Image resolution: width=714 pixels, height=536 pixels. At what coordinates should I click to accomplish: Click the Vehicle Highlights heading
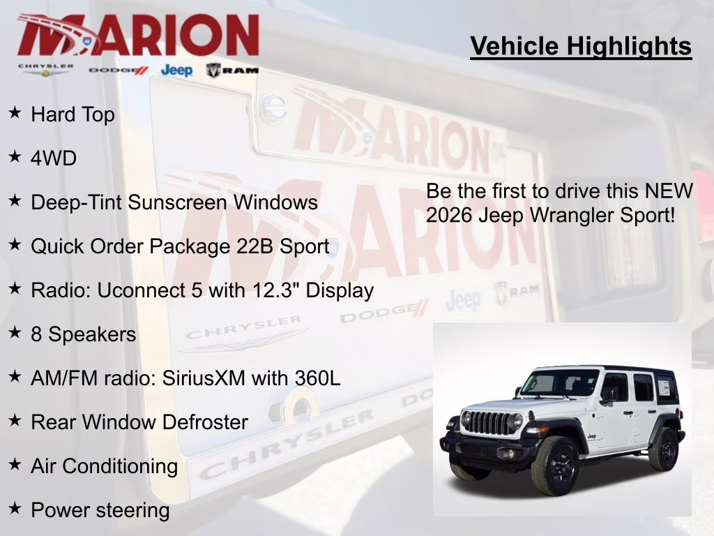pos(581,46)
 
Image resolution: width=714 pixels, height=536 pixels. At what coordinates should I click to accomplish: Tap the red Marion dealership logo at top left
pos(138,35)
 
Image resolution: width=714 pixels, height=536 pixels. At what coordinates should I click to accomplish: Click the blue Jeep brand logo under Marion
pos(176,70)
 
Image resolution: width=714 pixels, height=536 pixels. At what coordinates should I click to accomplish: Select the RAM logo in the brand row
pos(232,70)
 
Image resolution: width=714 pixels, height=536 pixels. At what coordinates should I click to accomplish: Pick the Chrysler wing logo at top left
pos(46,70)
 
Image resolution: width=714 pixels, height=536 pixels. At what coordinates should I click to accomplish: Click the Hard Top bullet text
pos(73,114)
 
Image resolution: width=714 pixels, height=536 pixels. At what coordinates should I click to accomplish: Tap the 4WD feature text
pos(54,158)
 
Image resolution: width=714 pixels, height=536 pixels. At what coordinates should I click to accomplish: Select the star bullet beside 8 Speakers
pos(15,333)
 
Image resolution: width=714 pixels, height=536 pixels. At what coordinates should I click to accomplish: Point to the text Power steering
pos(100,510)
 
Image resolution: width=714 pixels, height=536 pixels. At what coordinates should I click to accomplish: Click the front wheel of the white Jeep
pos(555,466)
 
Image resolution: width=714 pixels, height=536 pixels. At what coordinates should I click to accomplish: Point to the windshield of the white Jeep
pos(560,382)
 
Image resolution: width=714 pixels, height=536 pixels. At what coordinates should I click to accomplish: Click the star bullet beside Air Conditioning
pos(15,465)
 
